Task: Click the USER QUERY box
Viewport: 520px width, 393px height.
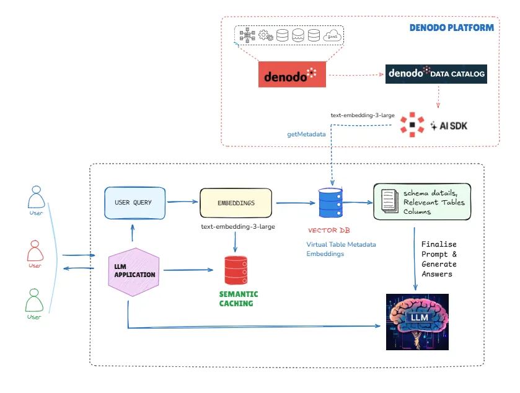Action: click(134, 203)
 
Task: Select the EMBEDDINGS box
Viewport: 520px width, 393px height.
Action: click(236, 203)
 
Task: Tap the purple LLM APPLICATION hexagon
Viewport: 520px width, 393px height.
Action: click(134, 272)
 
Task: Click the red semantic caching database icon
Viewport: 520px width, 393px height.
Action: click(236, 270)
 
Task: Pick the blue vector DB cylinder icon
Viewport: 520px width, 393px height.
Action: click(330, 203)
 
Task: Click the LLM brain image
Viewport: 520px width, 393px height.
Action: click(417, 322)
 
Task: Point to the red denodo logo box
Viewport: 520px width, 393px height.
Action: click(292, 74)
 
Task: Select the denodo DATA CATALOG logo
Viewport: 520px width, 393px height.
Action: click(436, 74)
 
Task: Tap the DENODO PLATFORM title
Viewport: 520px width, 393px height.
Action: click(451, 28)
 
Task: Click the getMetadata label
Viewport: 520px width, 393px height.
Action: click(306, 135)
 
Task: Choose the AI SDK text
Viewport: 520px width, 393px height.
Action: click(453, 126)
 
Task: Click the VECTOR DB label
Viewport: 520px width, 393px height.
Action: click(328, 230)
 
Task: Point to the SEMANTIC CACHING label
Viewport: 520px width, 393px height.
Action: click(239, 299)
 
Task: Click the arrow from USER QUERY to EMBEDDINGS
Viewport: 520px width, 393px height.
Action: click(182, 201)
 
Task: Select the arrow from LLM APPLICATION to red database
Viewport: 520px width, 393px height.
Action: click(188, 270)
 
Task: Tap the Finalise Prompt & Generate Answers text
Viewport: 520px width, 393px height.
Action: click(439, 259)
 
